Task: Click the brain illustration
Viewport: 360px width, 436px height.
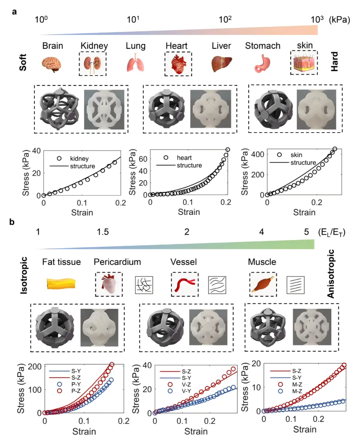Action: click(x=52, y=64)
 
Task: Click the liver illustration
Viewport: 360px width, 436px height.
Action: click(x=221, y=64)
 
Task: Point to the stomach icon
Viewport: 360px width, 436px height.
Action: click(x=262, y=64)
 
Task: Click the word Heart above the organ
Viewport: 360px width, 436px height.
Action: click(x=176, y=46)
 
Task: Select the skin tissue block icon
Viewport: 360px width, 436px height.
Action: click(x=304, y=63)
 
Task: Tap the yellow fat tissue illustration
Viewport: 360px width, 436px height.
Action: click(x=61, y=283)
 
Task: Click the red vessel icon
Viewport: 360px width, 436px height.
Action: click(x=184, y=284)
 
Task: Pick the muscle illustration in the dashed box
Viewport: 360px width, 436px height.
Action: click(x=263, y=284)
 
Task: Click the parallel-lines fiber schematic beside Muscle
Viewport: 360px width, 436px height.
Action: click(x=296, y=285)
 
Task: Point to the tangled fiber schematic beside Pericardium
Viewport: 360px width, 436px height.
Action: click(x=144, y=285)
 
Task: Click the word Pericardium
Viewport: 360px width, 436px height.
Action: click(x=117, y=262)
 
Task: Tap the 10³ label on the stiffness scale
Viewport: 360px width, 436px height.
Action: click(x=317, y=19)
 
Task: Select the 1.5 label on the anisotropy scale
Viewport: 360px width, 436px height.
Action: click(x=103, y=232)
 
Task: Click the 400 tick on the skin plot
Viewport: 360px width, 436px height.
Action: click(x=258, y=154)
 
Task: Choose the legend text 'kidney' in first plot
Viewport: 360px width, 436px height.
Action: click(x=79, y=159)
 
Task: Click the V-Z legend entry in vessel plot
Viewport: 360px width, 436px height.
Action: click(x=186, y=384)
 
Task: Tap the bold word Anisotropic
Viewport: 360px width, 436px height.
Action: click(x=331, y=274)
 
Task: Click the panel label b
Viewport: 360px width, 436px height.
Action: click(x=12, y=222)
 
